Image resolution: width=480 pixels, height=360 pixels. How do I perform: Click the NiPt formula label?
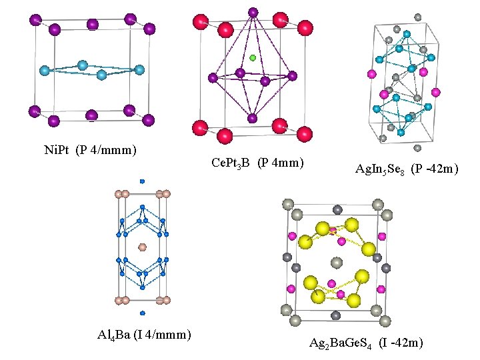pos(55,150)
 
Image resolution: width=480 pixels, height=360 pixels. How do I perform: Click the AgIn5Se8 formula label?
pos(379,170)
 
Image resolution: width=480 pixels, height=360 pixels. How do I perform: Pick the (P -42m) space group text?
pos(433,170)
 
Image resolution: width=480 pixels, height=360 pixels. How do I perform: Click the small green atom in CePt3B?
pos(253,58)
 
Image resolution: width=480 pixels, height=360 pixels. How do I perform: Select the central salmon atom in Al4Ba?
pos(142,247)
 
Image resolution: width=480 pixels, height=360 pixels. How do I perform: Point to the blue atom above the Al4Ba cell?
pos(142,181)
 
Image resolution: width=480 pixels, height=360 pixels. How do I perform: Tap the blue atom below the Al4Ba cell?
pos(142,313)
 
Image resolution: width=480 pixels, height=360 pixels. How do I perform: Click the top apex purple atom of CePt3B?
pos(253,12)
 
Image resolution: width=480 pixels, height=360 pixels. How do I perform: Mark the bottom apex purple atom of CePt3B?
pos(252,119)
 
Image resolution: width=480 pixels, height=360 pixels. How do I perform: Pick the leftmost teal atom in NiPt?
pos(45,70)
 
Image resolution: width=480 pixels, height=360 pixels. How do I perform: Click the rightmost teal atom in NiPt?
pos(139,69)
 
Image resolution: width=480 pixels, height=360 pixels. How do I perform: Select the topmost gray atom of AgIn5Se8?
pos(418,17)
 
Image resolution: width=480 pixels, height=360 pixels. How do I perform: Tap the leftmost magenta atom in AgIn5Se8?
pos(384,93)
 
